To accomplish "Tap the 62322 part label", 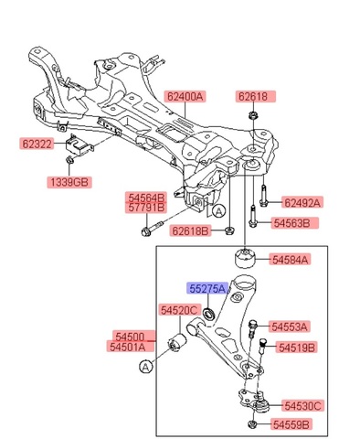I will coord(39,144).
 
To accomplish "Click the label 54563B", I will coord(291,222).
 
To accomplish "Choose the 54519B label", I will coord(298,348).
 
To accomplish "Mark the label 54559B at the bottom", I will coord(291,424).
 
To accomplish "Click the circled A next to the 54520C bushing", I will coord(143,367).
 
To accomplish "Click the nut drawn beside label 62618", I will coord(251,115).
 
